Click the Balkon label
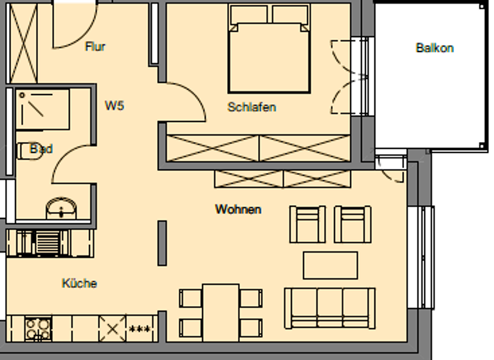(435, 48)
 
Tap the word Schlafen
(252, 107)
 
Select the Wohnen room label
(238, 210)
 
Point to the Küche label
(80, 283)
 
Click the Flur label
(95, 47)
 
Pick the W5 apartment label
(114, 106)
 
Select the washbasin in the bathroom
(62, 208)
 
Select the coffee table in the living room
(330, 265)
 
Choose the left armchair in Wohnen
(308, 224)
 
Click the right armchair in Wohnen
(353, 224)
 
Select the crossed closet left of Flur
(22, 43)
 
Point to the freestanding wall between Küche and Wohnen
(162, 243)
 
